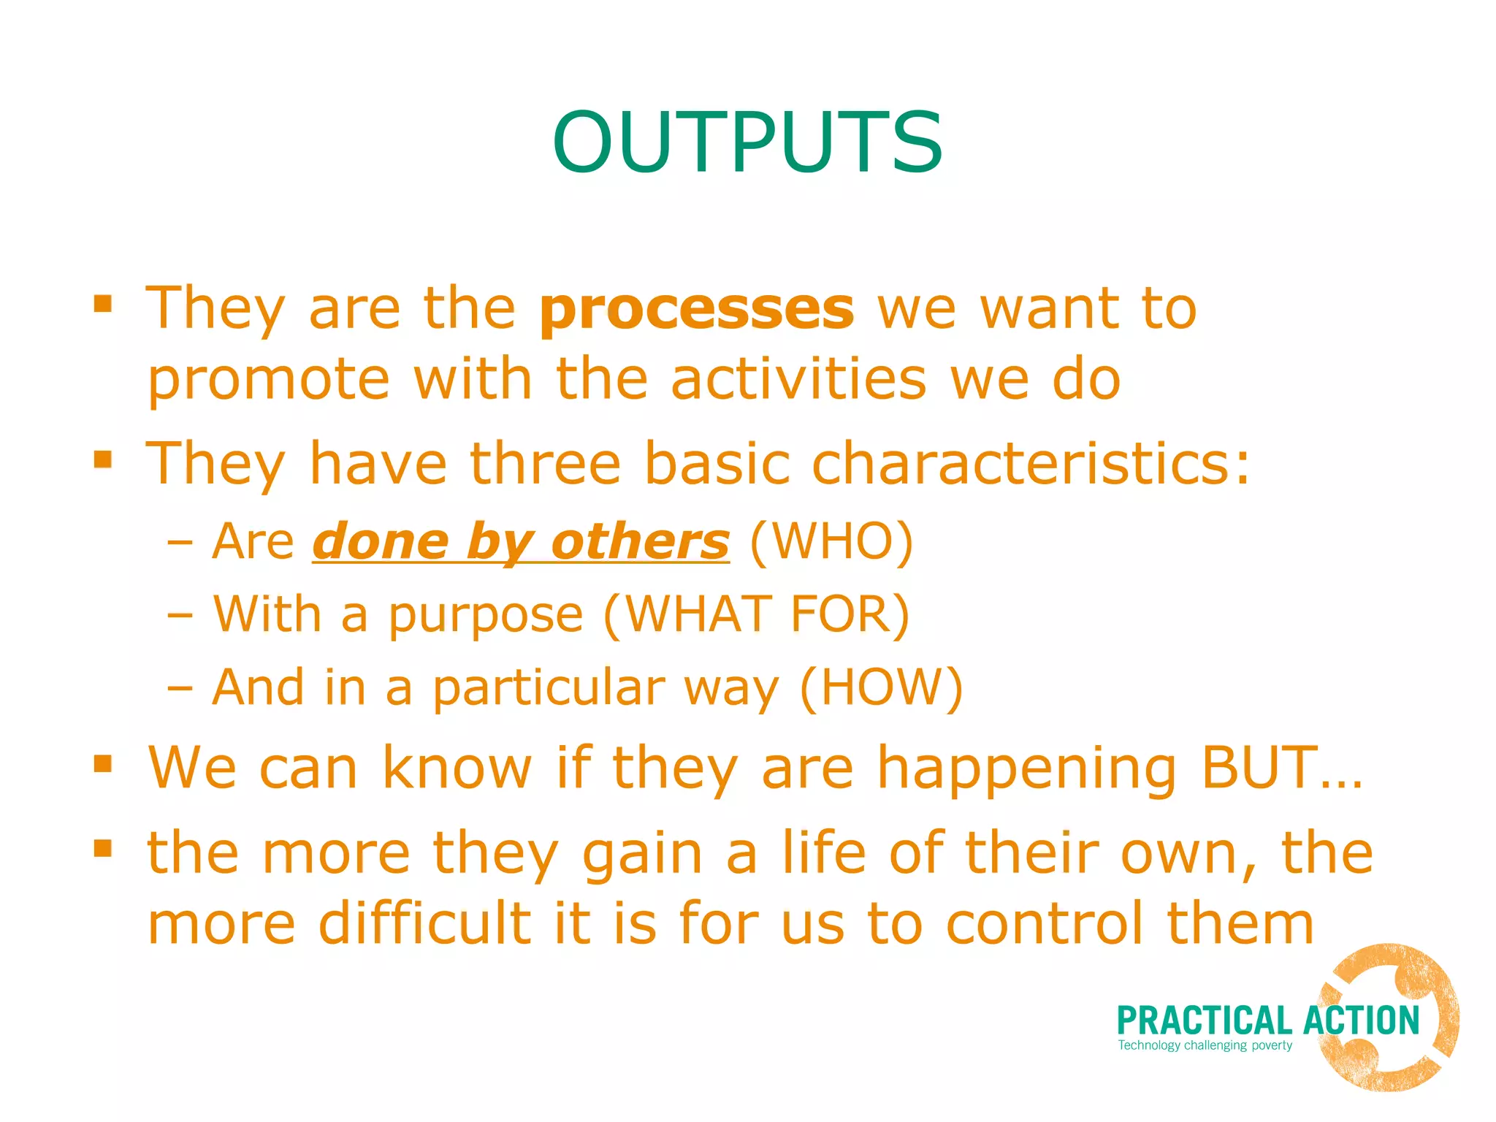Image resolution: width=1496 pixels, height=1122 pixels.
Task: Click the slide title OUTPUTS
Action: tap(747, 142)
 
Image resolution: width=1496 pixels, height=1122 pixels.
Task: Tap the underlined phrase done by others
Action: tap(521, 542)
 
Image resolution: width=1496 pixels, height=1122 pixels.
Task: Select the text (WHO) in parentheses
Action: tap(831, 542)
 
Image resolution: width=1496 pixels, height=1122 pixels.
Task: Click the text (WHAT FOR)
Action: tap(757, 614)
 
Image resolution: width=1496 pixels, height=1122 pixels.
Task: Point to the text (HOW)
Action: tap(881, 687)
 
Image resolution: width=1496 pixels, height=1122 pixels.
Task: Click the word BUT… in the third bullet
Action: tap(1281, 768)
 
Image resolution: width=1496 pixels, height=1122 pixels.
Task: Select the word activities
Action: tap(798, 379)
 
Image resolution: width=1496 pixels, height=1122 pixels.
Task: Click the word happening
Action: tap(1026, 769)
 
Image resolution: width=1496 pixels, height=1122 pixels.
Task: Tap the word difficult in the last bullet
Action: tap(425, 923)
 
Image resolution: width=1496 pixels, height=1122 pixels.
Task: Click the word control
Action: tap(1045, 923)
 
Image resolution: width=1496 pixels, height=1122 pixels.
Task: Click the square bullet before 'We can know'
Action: tap(103, 764)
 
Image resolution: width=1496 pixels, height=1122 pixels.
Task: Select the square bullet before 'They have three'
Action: tap(103, 459)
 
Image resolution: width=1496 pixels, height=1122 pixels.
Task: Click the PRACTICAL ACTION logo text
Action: tap(1267, 1020)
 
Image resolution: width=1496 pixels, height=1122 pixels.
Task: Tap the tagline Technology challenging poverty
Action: tap(1205, 1045)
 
